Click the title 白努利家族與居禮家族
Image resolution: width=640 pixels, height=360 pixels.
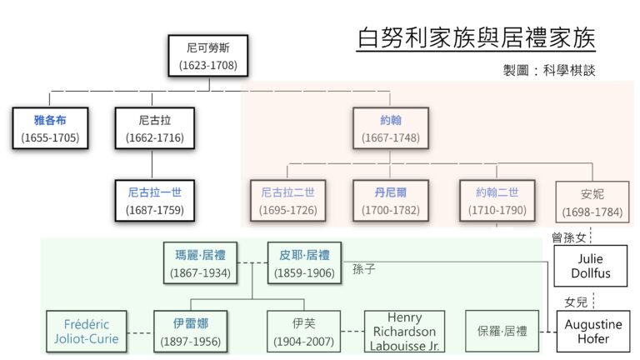coord(476,38)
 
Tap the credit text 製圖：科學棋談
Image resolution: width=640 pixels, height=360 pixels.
coord(550,71)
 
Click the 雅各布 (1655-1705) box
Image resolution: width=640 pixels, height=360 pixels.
coord(50,127)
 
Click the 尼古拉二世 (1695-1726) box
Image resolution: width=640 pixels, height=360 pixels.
coord(288,201)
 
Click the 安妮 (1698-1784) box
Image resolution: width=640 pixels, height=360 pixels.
coord(592,201)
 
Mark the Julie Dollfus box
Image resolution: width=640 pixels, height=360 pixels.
coord(591,266)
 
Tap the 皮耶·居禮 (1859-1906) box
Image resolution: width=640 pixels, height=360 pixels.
coord(299,263)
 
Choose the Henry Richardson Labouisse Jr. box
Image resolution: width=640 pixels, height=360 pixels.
coord(404,330)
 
